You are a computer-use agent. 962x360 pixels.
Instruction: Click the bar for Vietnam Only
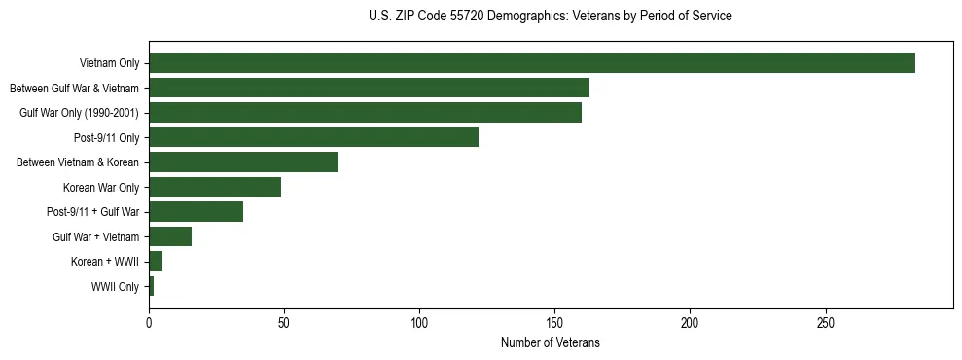532,63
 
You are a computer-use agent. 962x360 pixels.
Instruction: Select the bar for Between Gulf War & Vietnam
369,88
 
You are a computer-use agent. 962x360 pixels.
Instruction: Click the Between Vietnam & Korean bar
243,162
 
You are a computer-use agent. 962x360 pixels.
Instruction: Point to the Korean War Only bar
215,187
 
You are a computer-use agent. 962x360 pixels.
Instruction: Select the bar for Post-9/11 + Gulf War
196,212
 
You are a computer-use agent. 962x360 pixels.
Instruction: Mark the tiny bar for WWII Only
151,286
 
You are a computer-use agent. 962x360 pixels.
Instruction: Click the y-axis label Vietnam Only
110,64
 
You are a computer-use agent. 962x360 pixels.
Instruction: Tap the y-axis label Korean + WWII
105,262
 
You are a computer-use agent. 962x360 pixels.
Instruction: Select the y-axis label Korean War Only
101,188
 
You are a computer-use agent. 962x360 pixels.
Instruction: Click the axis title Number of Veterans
550,342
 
